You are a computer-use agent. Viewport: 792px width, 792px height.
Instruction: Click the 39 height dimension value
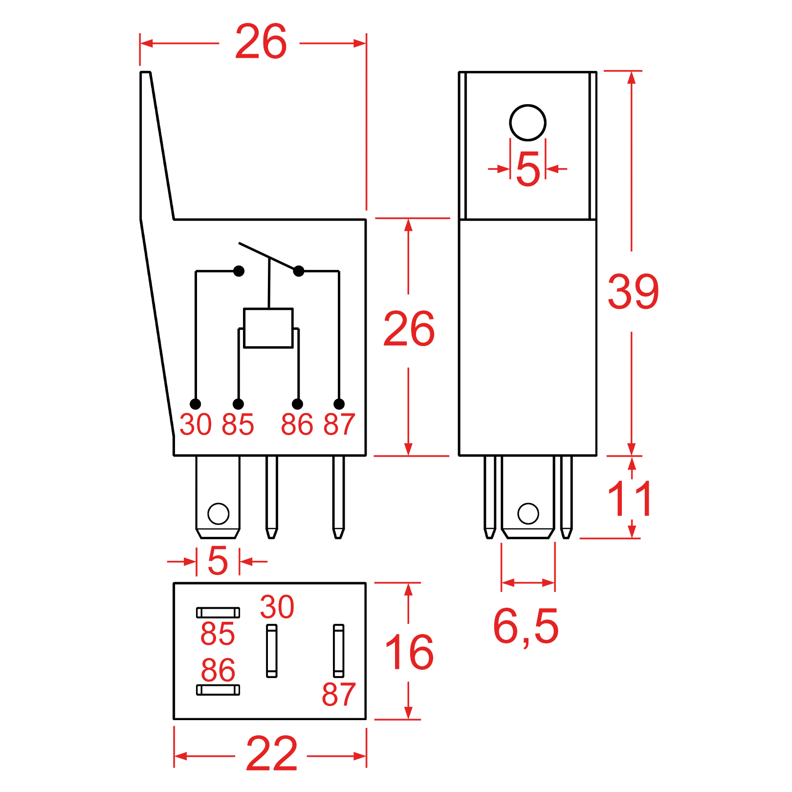pos(633,292)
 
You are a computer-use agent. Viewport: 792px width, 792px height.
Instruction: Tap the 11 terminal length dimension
pos(630,499)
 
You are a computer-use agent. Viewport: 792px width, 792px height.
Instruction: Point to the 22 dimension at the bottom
pos(271,753)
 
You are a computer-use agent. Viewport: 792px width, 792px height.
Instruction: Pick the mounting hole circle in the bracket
pos(528,123)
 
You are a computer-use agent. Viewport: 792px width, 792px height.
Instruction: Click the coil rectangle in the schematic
pos(268,328)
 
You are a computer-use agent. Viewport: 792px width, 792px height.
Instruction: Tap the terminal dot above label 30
pos(196,404)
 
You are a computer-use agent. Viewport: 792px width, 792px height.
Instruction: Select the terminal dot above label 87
pos(339,404)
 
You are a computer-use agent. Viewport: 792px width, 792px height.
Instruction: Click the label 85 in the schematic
pos(238,424)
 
